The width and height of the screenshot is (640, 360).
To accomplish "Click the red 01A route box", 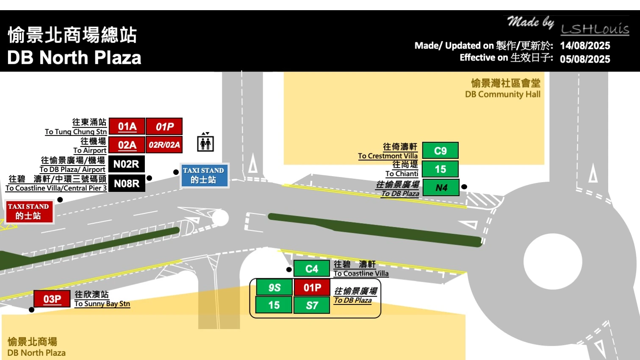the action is tap(127, 126).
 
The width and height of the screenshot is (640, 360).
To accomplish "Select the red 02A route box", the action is tap(127, 145).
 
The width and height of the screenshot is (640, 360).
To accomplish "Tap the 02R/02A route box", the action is tap(164, 145).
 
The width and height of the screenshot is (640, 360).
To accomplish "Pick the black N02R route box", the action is tap(126, 164).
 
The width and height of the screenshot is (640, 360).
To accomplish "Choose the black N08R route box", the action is tap(127, 183).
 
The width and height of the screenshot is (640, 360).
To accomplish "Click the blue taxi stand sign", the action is tap(204, 175).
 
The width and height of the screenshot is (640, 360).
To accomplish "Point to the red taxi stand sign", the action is tap(29, 211).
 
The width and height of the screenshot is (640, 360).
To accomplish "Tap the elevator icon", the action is tap(205, 142).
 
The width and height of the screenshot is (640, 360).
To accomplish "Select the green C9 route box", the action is tap(440, 150).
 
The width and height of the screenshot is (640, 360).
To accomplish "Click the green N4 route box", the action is tap(441, 188).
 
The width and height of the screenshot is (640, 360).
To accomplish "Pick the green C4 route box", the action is tap(312, 269).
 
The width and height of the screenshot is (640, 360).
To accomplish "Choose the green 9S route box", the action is tap(274, 287).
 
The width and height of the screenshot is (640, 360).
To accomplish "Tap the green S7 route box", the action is tap(312, 305).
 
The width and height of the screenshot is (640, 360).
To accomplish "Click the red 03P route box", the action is tap(52, 299).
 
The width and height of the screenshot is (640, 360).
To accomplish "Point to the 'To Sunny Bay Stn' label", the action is tap(102, 304).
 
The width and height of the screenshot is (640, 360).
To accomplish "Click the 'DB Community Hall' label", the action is tap(503, 94).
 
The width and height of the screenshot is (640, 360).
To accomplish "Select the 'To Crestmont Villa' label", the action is tap(388, 156).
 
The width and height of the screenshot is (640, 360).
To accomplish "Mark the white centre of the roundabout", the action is tap(553, 261).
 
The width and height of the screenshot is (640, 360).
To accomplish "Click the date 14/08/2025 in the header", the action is tap(585, 45).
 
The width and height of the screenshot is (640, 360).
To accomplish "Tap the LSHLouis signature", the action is tap(595, 29).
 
